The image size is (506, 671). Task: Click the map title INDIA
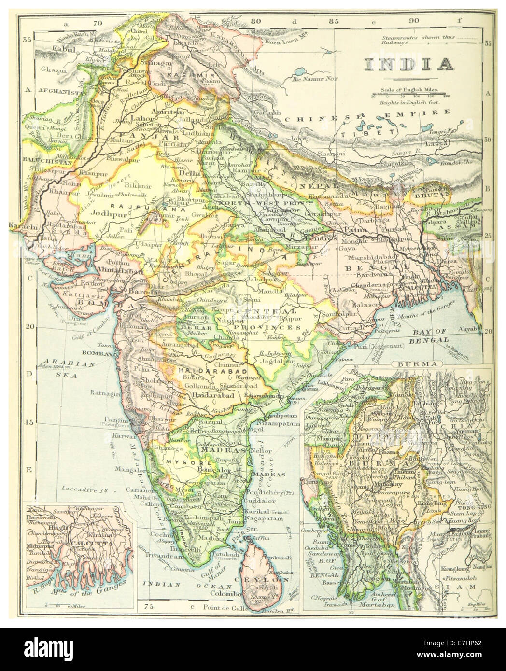(408, 64)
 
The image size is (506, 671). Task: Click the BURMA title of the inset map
(410, 363)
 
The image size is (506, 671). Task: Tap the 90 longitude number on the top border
(414, 21)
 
